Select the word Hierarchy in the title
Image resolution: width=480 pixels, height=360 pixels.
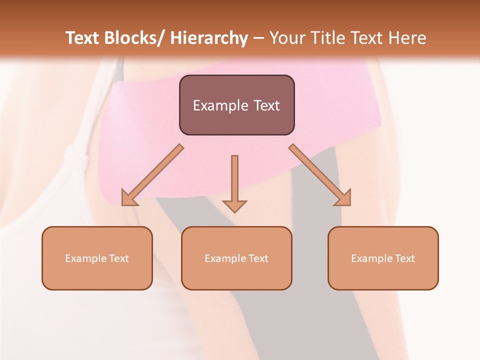[209, 38]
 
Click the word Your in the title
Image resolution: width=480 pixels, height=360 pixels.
[286, 38]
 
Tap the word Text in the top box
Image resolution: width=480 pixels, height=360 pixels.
[265, 105]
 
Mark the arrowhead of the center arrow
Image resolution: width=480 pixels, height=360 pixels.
[234, 206]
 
